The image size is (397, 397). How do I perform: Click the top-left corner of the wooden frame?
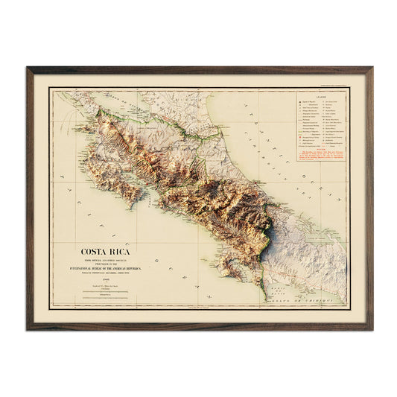click(28, 69)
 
